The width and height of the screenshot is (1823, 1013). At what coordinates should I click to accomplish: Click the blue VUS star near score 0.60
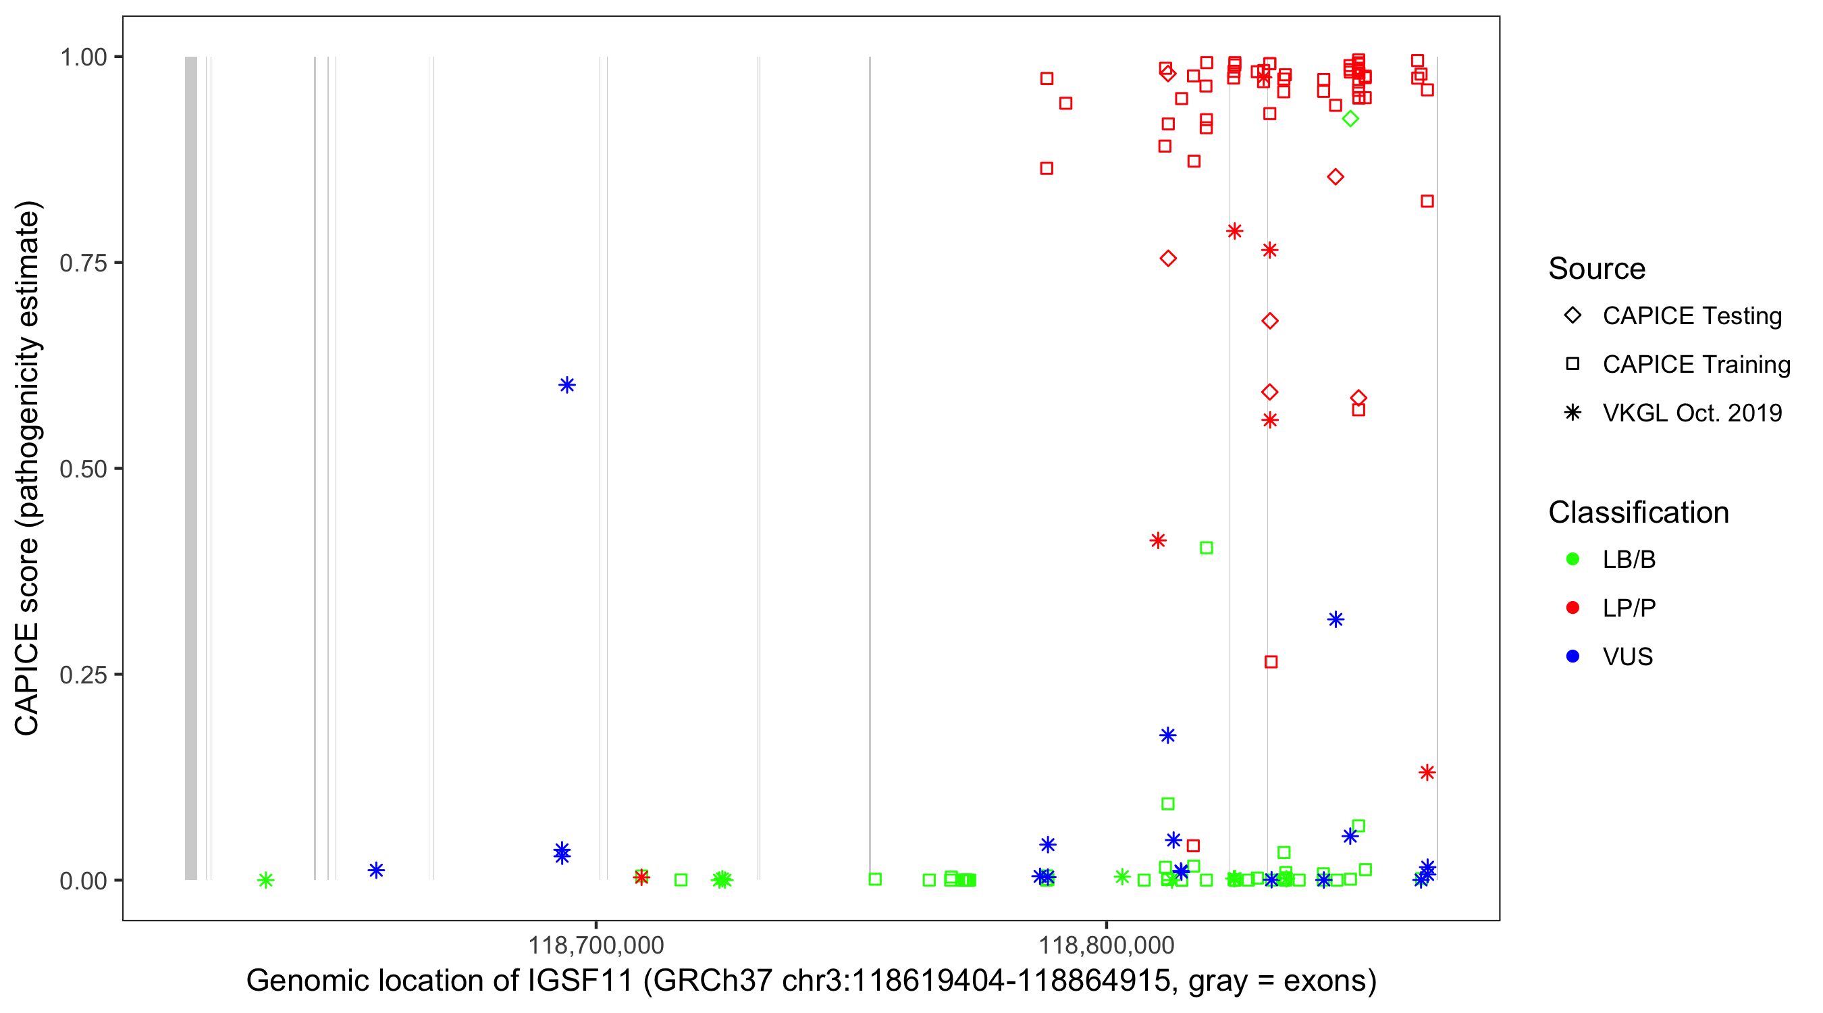567,385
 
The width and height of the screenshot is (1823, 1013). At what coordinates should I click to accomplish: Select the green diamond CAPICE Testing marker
1350,119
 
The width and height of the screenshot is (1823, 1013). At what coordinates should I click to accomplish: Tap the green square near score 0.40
1207,548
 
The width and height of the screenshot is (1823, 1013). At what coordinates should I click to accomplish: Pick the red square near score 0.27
1271,662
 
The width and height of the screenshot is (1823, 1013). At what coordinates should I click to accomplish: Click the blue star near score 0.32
1336,620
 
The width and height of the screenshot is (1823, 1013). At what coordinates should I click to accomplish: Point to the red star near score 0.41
1158,541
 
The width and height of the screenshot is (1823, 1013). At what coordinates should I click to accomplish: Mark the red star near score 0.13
1427,773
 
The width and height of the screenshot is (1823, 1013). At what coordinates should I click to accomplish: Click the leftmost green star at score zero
265,880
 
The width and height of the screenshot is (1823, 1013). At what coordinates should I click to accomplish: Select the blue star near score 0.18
1167,735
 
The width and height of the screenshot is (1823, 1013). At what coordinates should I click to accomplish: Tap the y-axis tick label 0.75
82,263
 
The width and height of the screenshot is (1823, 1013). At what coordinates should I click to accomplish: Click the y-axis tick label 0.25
82,675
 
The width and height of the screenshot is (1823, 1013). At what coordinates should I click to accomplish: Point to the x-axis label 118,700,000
596,945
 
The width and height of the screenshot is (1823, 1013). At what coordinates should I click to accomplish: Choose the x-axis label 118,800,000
1106,945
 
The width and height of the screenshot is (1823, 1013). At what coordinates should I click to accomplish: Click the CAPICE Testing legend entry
1691,316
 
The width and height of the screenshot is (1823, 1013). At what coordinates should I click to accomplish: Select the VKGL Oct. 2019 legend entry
1691,413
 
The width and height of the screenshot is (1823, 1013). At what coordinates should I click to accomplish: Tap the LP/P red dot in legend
1573,608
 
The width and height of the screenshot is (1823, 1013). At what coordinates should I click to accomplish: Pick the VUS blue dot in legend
1573,657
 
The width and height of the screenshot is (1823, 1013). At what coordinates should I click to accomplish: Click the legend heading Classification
1638,513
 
